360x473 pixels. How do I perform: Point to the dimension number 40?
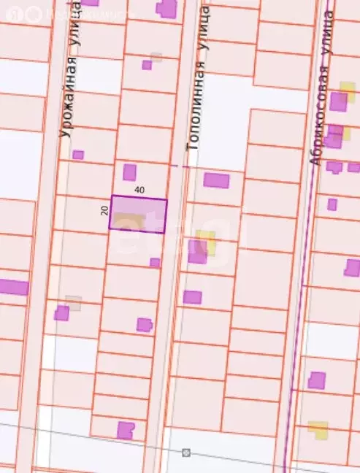click(139, 190)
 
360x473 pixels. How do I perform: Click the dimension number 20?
click(104, 210)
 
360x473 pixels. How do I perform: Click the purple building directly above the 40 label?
click(129, 172)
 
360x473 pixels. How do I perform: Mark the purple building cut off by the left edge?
click(12, 287)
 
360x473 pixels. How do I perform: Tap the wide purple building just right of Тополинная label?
click(216, 180)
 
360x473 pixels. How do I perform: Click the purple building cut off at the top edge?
click(166, 8)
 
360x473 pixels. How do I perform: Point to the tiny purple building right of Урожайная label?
click(78, 155)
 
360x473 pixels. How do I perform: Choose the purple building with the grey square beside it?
click(62, 312)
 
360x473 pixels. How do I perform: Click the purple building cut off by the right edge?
click(352, 268)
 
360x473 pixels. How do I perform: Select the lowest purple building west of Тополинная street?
click(126, 429)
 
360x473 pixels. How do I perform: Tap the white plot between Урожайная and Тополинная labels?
click(98, 76)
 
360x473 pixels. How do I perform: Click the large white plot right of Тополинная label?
click(223, 124)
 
